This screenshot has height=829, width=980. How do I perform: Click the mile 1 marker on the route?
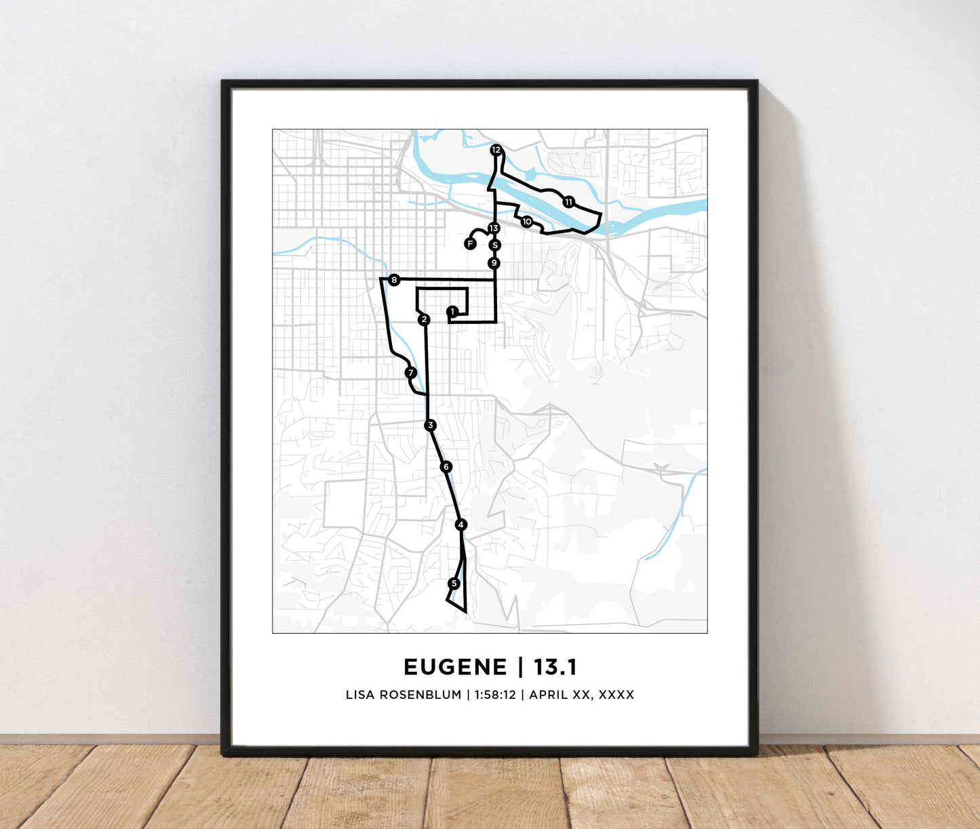pyautogui.click(x=452, y=311)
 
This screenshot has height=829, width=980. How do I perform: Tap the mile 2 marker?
pyautogui.click(x=424, y=320)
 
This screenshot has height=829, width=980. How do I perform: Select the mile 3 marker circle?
pyautogui.click(x=430, y=426)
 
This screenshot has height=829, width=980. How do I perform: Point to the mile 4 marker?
pyautogui.click(x=461, y=525)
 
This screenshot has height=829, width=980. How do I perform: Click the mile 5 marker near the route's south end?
pyautogui.click(x=454, y=584)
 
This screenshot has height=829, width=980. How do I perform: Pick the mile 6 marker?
pyautogui.click(x=446, y=466)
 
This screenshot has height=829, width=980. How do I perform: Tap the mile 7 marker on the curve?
pyautogui.click(x=410, y=373)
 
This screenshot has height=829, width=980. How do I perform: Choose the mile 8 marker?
pyautogui.click(x=394, y=280)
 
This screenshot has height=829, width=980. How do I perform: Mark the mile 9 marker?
pyautogui.click(x=494, y=263)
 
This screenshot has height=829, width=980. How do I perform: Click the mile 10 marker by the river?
pyautogui.click(x=527, y=222)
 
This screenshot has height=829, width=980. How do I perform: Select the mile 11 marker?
pyautogui.click(x=568, y=202)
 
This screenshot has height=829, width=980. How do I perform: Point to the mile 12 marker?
pyautogui.click(x=496, y=150)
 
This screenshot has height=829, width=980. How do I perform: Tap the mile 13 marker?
pyautogui.click(x=494, y=228)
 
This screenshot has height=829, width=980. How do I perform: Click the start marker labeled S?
pyautogui.click(x=494, y=245)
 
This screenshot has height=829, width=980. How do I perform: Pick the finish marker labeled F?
pyautogui.click(x=470, y=244)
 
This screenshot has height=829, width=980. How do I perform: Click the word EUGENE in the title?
pyautogui.click(x=454, y=667)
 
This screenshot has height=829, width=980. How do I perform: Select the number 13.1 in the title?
pyautogui.click(x=555, y=667)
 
